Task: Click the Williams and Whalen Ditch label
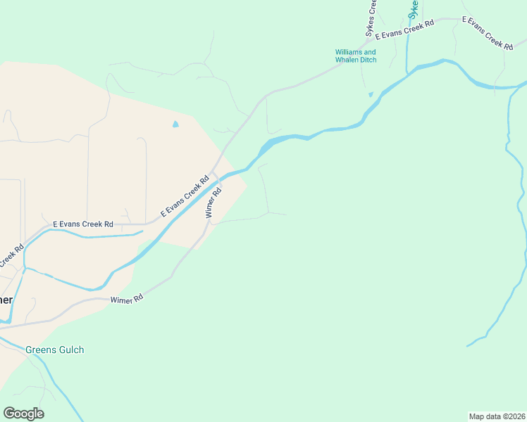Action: [356, 56]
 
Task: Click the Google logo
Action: [23, 414]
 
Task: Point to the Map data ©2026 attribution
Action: [497, 416]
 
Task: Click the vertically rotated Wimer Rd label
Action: [214, 202]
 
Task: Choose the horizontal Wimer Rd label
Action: [127, 299]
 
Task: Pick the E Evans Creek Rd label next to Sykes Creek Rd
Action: [404, 30]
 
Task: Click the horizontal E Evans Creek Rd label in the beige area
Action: [83, 224]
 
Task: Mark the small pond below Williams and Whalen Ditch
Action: [371, 94]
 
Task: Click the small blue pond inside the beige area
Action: [175, 124]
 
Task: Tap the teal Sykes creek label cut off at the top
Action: [414, 8]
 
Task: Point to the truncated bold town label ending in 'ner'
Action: [6, 300]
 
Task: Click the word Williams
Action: [349, 52]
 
